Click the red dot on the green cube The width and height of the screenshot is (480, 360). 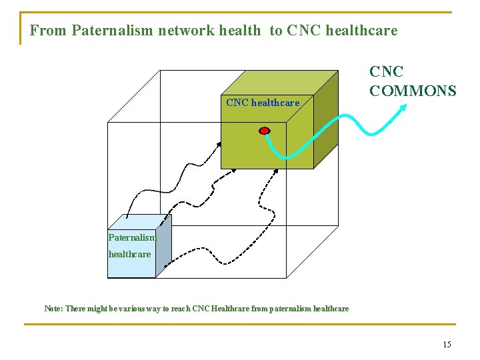265,130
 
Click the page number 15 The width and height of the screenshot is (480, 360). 447,344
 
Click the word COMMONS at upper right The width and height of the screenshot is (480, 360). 413,90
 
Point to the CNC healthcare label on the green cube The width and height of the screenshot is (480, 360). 263,103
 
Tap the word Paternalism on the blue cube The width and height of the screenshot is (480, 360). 132,237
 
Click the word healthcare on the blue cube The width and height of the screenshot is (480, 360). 129,254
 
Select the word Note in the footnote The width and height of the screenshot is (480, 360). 53,309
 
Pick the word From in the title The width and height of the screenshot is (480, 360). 48,31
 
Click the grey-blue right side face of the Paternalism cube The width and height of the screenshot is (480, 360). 163,247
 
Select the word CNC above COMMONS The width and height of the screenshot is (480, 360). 387,71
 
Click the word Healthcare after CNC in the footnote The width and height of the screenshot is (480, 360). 229,309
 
